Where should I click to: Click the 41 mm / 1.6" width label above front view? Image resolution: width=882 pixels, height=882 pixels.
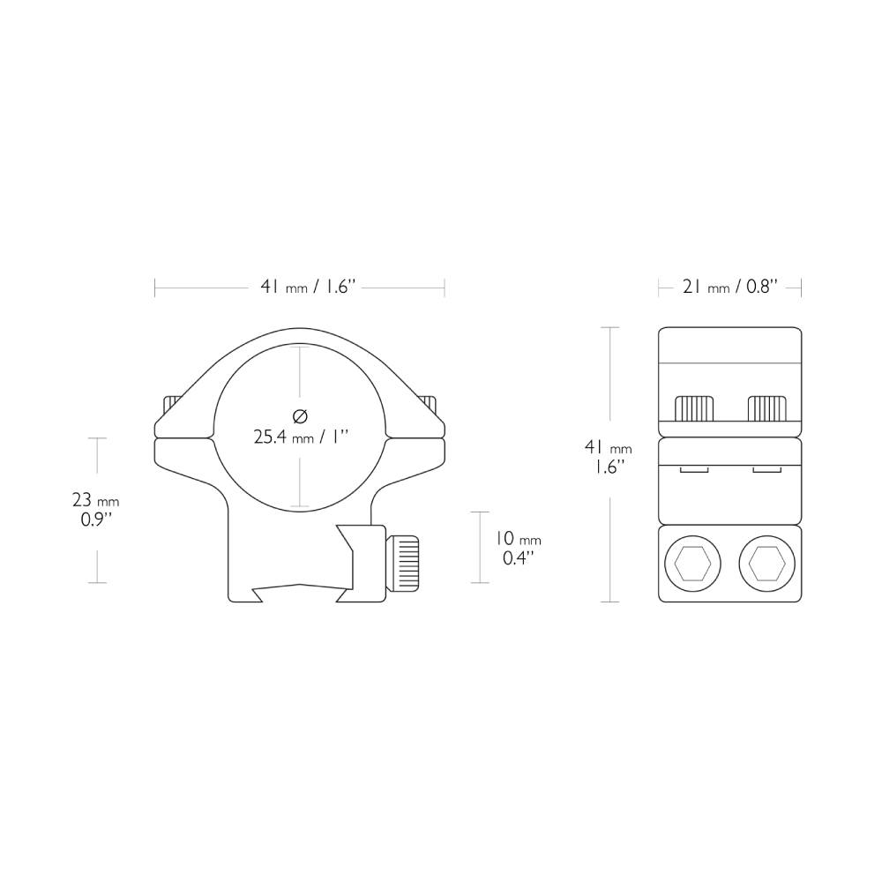[x=306, y=287]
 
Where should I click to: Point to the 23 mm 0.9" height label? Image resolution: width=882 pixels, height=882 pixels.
[x=95, y=510]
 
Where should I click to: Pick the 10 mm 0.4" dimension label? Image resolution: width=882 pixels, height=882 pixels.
[x=517, y=548]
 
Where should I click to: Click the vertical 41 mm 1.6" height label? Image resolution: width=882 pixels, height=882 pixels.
[x=608, y=456]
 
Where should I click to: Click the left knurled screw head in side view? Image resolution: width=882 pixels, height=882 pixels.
[x=693, y=408]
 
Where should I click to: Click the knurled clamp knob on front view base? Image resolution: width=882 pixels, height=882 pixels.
[x=405, y=563]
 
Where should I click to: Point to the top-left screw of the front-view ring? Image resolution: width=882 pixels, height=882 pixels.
[x=169, y=405]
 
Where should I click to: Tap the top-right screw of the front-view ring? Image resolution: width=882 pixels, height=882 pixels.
[x=429, y=403]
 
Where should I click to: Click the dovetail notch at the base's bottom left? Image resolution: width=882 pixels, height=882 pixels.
[x=257, y=594]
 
